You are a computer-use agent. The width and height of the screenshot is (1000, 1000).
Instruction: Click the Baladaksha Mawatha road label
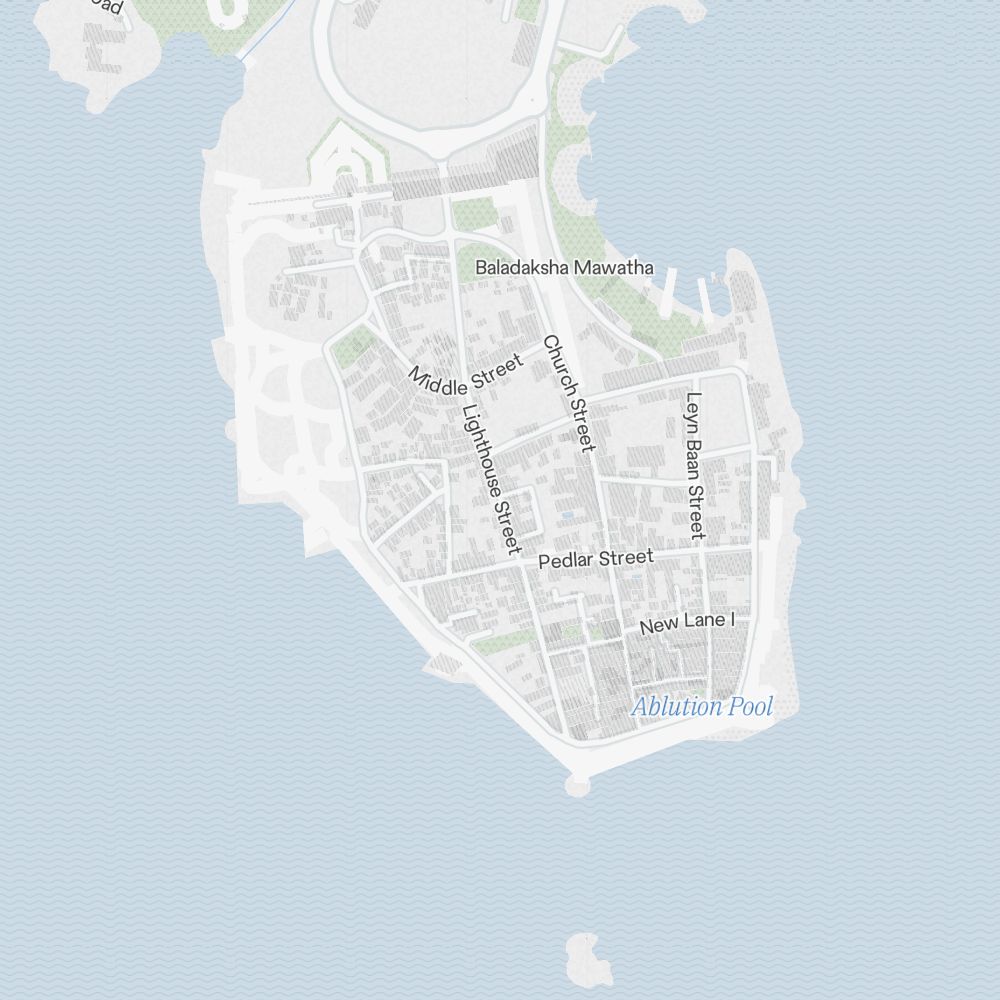click(564, 268)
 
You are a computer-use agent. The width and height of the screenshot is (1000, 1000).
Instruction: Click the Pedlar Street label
click(595, 559)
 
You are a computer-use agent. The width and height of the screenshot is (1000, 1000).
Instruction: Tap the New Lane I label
click(687, 623)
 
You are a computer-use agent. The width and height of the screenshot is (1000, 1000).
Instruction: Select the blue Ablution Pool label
click(701, 707)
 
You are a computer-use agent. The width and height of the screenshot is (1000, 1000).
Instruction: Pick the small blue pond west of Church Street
click(568, 516)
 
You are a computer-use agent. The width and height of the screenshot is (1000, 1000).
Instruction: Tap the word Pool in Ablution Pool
click(750, 707)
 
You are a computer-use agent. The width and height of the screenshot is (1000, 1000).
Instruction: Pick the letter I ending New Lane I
click(732, 620)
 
